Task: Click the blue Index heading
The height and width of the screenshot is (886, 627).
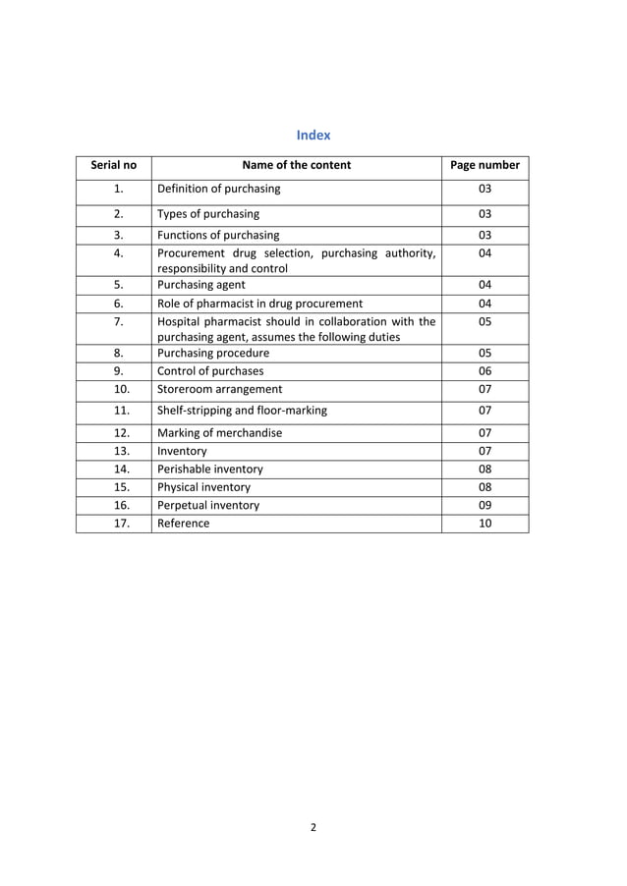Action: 313,135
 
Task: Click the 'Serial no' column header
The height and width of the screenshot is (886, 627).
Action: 114,165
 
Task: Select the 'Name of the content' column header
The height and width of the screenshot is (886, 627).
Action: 296,165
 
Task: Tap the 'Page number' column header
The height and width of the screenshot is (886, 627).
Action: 484,165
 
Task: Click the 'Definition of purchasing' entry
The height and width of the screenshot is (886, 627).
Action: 218,189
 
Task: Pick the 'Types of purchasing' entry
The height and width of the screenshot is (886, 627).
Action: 208,213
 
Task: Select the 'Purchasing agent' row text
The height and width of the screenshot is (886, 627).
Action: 201,285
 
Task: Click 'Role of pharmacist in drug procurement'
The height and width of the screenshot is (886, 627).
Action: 259,304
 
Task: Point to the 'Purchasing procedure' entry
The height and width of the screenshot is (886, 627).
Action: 213,353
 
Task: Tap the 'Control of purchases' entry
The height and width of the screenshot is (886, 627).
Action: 210,371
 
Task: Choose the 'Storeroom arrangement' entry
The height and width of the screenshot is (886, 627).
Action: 219,389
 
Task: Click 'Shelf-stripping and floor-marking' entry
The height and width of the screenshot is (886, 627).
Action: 242,411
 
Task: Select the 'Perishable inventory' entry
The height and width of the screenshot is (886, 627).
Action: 210,469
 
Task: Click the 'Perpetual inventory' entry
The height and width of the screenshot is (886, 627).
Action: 208,505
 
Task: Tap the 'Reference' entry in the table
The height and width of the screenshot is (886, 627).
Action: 183,524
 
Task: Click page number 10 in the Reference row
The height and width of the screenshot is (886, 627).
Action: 484,524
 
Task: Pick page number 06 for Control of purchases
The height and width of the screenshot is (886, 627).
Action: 484,371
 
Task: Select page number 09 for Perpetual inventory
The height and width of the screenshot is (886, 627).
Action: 484,505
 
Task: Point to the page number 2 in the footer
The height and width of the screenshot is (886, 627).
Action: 313,827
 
